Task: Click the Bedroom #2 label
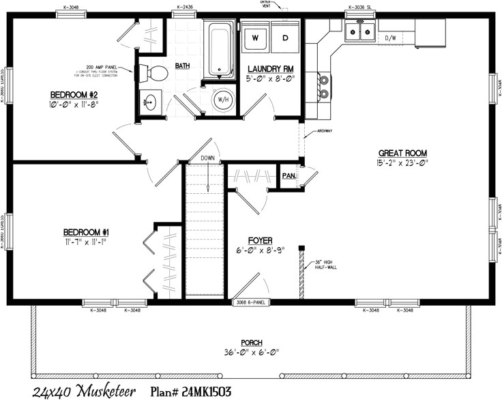(75, 94)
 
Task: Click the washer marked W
(256, 36)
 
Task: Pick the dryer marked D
(285, 36)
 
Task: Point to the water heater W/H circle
(222, 100)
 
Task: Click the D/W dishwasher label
(391, 38)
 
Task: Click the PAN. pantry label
(288, 175)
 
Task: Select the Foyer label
(260, 241)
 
